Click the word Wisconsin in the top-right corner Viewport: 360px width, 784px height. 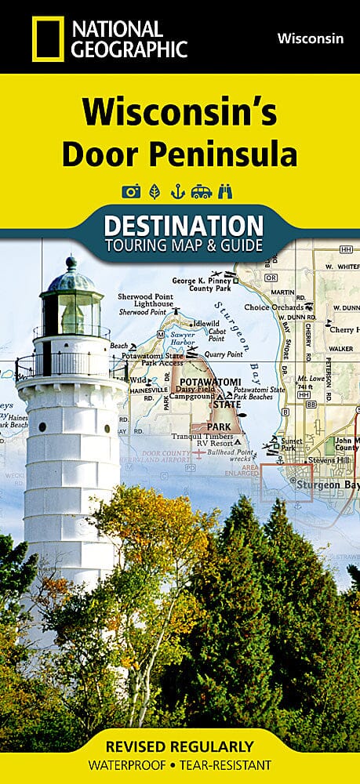click(x=311, y=38)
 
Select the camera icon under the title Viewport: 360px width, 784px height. click(x=130, y=191)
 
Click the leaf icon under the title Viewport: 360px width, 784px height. click(x=155, y=191)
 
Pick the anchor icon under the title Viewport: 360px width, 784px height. click(x=179, y=191)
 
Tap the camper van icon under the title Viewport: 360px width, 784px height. click(x=202, y=191)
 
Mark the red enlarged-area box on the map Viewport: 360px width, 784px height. click(x=285, y=481)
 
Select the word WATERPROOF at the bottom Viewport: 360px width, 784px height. click(x=133, y=764)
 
